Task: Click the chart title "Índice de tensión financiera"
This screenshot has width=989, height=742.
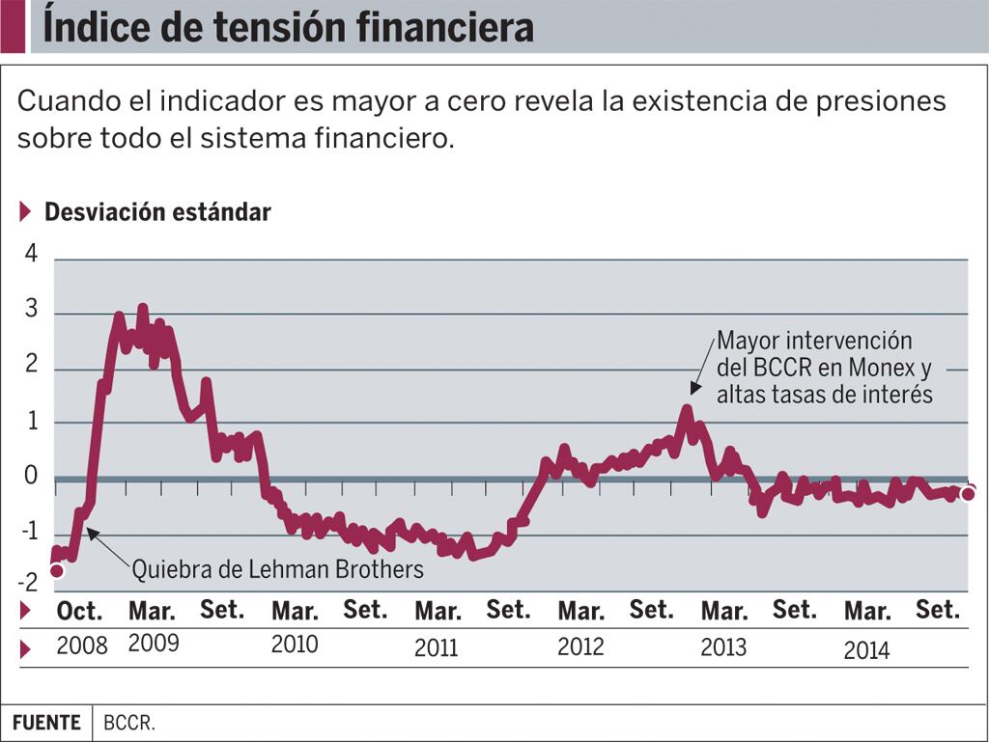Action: coord(288,27)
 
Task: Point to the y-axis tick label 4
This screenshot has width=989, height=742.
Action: coord(31,254)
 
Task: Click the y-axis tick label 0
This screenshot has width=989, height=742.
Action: coord(31,475)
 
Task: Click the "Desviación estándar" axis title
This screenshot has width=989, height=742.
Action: coord(157,212)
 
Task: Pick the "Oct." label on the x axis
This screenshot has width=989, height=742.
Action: coord(79,611)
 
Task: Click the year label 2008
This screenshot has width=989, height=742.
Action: coord(81,646)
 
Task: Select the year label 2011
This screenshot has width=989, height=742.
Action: coord(437,647)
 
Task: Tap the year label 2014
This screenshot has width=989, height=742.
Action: coord(866,649)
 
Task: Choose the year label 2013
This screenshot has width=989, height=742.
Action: coord(723,646)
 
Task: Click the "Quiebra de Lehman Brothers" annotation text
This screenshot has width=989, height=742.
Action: coord(277,569)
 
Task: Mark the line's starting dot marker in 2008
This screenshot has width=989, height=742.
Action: coord(57,570)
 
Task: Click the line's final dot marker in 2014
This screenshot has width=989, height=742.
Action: coord(968,493)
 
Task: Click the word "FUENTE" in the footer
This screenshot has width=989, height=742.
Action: coord(46,723)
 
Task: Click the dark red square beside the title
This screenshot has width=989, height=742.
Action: coord(13,26)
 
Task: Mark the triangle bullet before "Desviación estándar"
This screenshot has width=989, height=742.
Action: coord(26,212)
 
